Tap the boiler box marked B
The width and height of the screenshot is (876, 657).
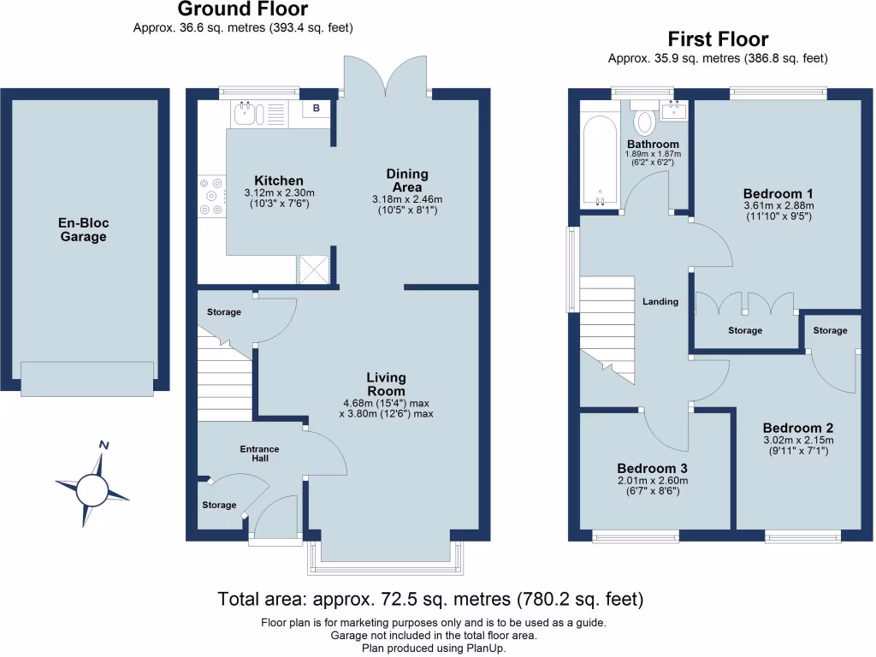(316, 108)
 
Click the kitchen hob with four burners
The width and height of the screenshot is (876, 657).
(210, 196)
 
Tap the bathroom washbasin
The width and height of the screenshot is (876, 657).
(674, 109)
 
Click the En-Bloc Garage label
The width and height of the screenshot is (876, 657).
(84, 230)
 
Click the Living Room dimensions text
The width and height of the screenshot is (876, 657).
(387, 409)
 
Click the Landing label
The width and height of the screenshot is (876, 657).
(660, 301)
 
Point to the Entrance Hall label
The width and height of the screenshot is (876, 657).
(259, 454)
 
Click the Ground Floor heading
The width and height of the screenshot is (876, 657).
(243, 10)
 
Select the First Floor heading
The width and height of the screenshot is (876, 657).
(718, 39)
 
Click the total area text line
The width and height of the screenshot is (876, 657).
(430, 598)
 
